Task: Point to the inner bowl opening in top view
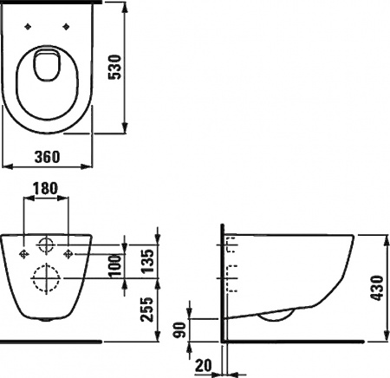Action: [46, 68]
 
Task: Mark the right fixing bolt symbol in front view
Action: [68, 253]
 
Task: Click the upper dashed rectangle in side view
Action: [231, 248]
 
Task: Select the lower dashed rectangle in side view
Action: [231, 278]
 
